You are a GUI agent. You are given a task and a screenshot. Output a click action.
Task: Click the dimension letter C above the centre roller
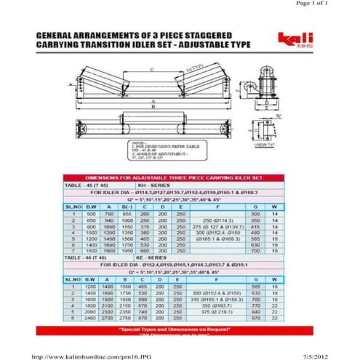pos(151,70)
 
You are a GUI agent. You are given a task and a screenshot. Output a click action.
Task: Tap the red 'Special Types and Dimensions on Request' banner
pos(179,329)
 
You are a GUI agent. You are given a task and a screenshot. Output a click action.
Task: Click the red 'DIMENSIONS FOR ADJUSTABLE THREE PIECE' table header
pos(179,177)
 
